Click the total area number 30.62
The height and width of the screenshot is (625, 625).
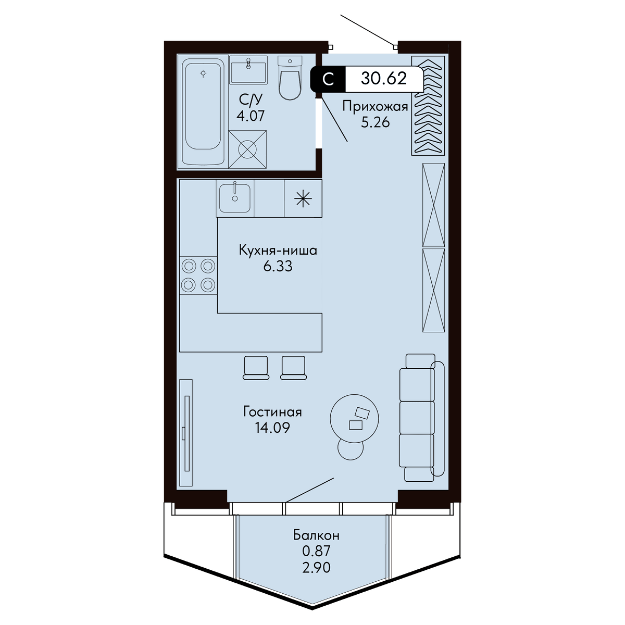point(384,78)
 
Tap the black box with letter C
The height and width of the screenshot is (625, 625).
point(328,79)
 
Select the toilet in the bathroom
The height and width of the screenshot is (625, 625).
point(290,78)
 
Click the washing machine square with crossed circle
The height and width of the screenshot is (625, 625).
point(247,149)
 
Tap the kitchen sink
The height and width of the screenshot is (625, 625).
point(234,198)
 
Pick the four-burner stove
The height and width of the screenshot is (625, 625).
point(198,276)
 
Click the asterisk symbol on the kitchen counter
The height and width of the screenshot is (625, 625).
point(303,198)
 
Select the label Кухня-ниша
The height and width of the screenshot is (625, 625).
point(278,251)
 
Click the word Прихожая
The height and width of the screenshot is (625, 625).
point(375,106)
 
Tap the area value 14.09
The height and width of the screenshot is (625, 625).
point(272,428)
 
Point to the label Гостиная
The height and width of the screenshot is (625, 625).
point(272,412)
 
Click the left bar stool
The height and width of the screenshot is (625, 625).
point(256,368)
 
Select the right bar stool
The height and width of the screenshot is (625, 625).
point(294,368)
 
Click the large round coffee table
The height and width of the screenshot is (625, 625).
point(354,419)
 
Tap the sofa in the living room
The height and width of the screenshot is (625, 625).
point(422,417)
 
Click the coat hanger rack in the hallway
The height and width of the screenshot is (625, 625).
point(428,105)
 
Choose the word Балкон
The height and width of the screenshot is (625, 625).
point(316,535)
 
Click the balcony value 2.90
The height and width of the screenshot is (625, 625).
point(316,567)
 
